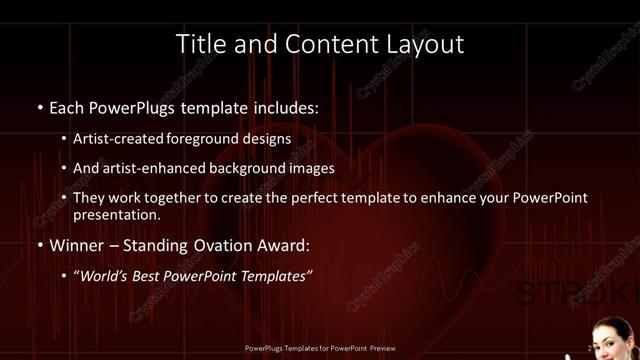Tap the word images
[310, 168]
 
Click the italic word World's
[104, 276]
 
